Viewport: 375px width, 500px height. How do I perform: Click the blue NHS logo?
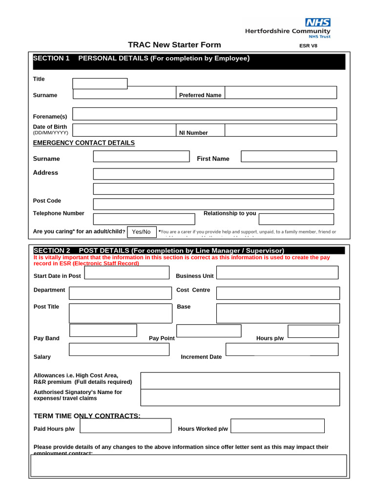click(317, 22)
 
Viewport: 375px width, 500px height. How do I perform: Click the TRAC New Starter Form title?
click(174, 45)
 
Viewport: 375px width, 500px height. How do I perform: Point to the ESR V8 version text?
click(308, 46)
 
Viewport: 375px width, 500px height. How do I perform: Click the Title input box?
click(100, 83)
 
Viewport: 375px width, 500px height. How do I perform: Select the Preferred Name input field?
click(280, 92)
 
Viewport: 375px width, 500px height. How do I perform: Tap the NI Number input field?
click(280, 130)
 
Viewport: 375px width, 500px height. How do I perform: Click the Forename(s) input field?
click(204, 114)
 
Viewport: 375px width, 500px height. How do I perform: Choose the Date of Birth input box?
click(124, 130)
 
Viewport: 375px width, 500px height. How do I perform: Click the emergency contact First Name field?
click(289, 156)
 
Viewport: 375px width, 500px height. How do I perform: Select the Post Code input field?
click(213, 204)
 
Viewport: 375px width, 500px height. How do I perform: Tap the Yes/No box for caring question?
click(142, 231)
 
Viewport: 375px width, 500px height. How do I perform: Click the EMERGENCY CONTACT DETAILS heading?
click(83, 143)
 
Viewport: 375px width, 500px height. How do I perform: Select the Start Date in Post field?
click(126, 272)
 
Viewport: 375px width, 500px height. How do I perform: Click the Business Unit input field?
click(277, 272)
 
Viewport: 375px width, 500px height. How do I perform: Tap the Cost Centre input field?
click(277, 293)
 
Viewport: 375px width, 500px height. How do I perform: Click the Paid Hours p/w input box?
click(125, 425)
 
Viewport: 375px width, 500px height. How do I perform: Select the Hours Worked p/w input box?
click(277, 425)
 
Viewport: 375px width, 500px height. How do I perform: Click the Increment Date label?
click(201, 357)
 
